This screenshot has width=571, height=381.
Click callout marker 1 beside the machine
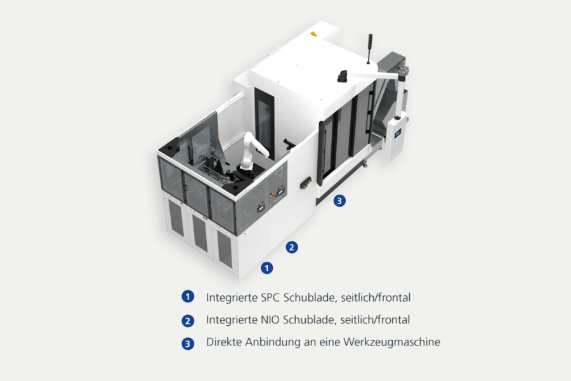pyautogui.click(x=267, y=268)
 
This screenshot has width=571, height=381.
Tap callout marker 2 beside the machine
pyautogui.click(x=292, y=247)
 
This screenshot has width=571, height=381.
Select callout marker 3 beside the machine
pyautogui.click(x=339, y=200)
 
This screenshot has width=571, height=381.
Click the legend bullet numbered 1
pyautogui.click(x=188, y=297)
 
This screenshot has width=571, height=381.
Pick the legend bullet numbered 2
pyautogui.click(x=188, y=321)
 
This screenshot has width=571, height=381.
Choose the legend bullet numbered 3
pyautogui.click(x=188, y=344)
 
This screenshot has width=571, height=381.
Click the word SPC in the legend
pyautogui.click(x=270, y=298)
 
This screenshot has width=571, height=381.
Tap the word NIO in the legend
pyautogui.click(x=270, y=320)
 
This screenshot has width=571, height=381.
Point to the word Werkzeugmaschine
pyautogui.click(x=392, y=342)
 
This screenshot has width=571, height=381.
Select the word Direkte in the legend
pyautogui.click(x=224, y=342)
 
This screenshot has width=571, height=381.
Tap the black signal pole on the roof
pyautogui.click(x=369, y=49)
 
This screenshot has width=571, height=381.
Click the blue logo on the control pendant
pyautogui.click(x=397, y=133)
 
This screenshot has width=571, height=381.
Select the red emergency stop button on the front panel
pyautogui.click(x=272, y=195)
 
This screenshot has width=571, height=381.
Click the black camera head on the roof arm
pyautogui.click(x=343, y=76)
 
